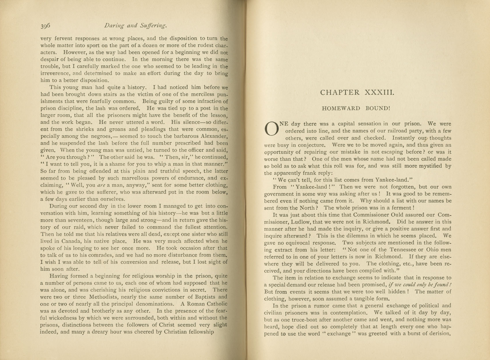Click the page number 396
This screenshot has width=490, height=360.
click(45, 26)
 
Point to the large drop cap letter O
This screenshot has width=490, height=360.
click(271, 128)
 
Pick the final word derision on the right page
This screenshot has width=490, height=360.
click(438, 334)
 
